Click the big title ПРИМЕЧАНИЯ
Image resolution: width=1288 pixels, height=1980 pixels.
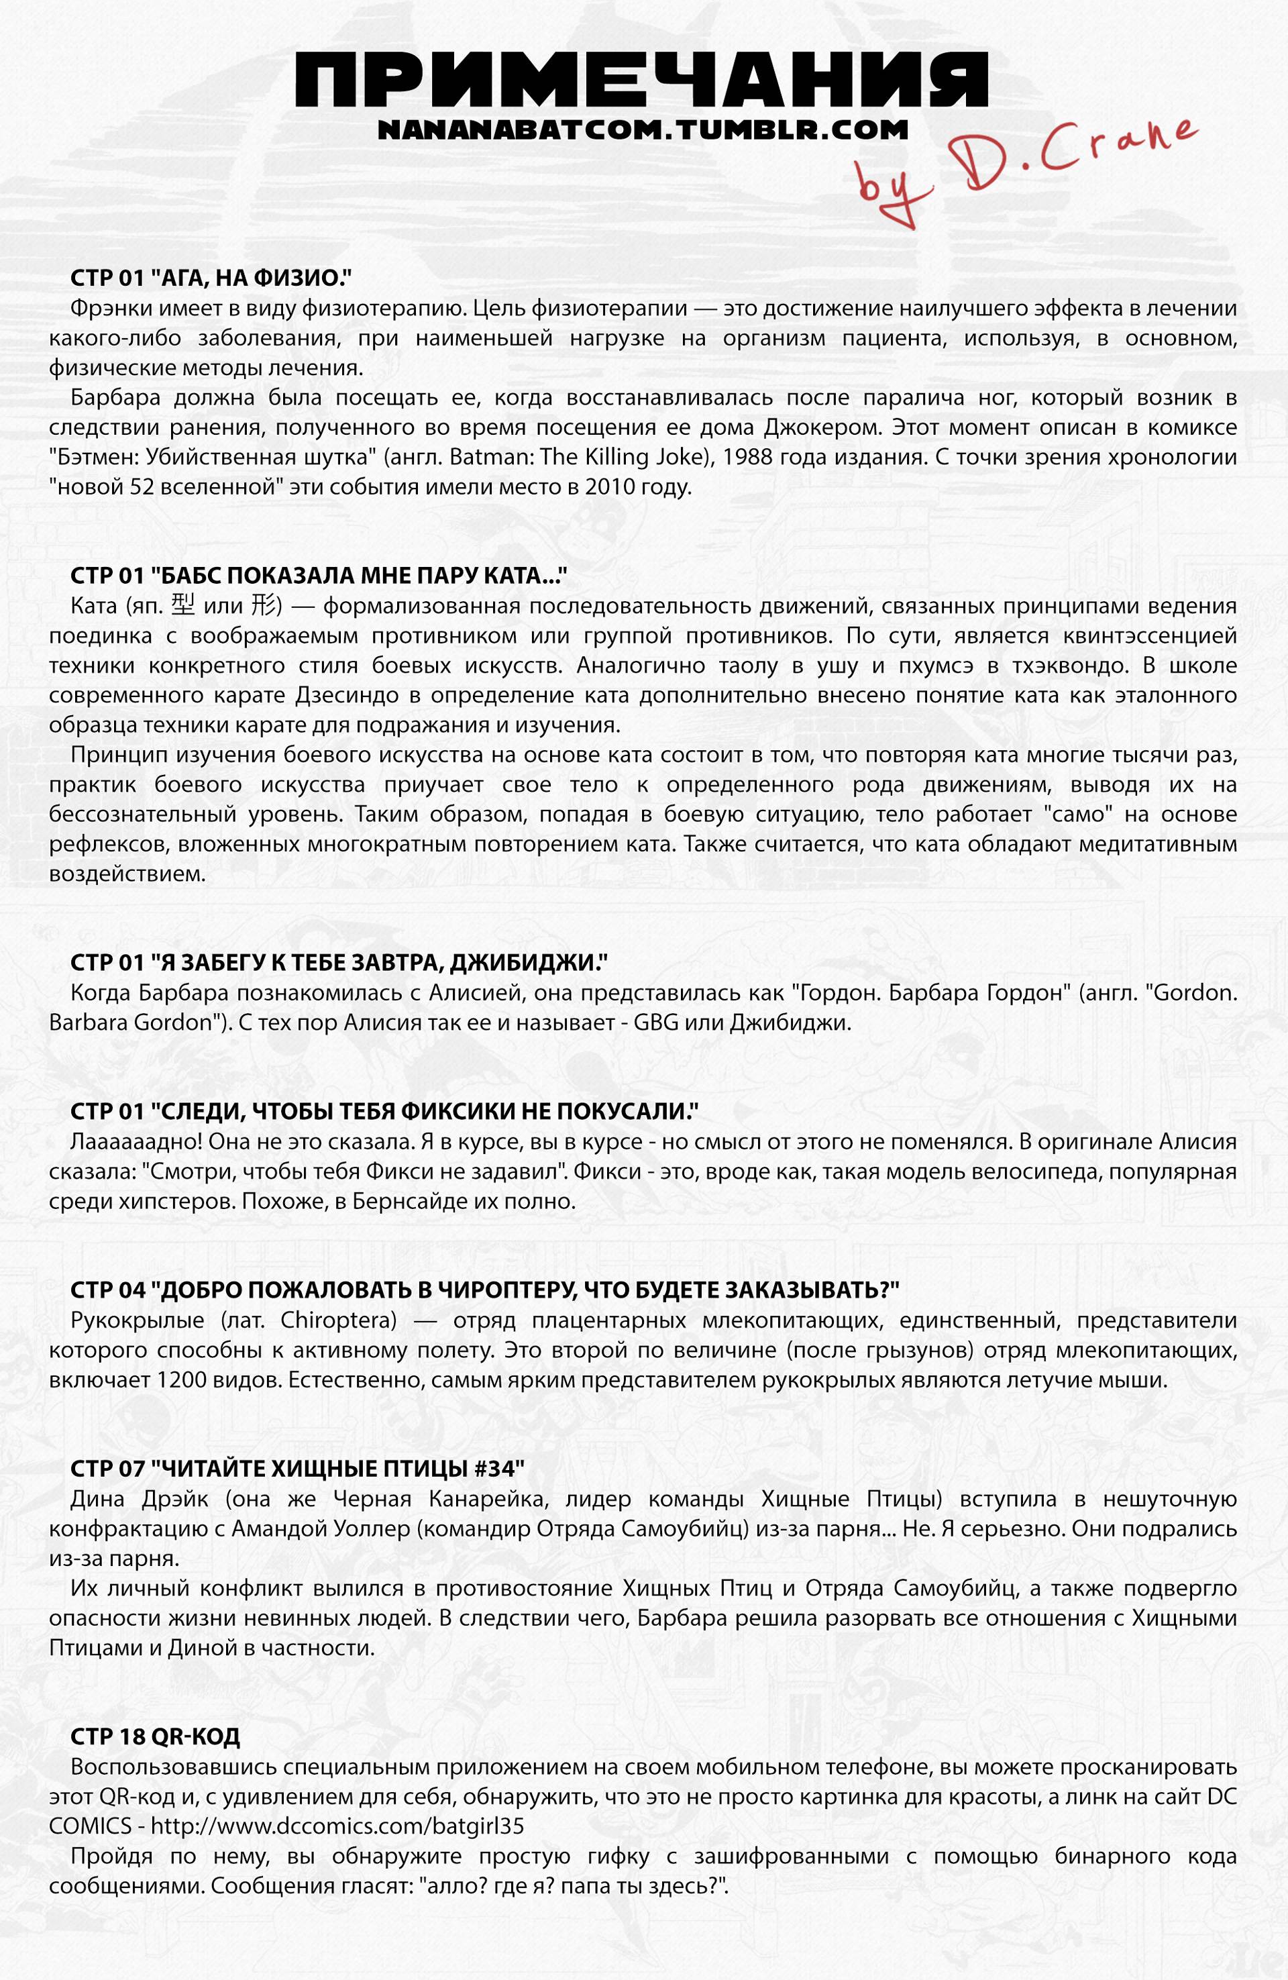pos(641,80)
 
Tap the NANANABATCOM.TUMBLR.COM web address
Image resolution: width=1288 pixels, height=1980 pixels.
pos(641,129)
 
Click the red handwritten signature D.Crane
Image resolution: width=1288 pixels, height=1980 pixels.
pos(1028,166)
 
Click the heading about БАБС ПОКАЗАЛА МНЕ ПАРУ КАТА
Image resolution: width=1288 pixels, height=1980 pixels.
pos(319,576)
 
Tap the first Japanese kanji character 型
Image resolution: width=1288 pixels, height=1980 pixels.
pos(183,606)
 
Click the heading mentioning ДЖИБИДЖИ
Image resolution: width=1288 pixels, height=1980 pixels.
pos(339,963)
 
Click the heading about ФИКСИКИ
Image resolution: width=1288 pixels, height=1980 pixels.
pos(384,1112)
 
